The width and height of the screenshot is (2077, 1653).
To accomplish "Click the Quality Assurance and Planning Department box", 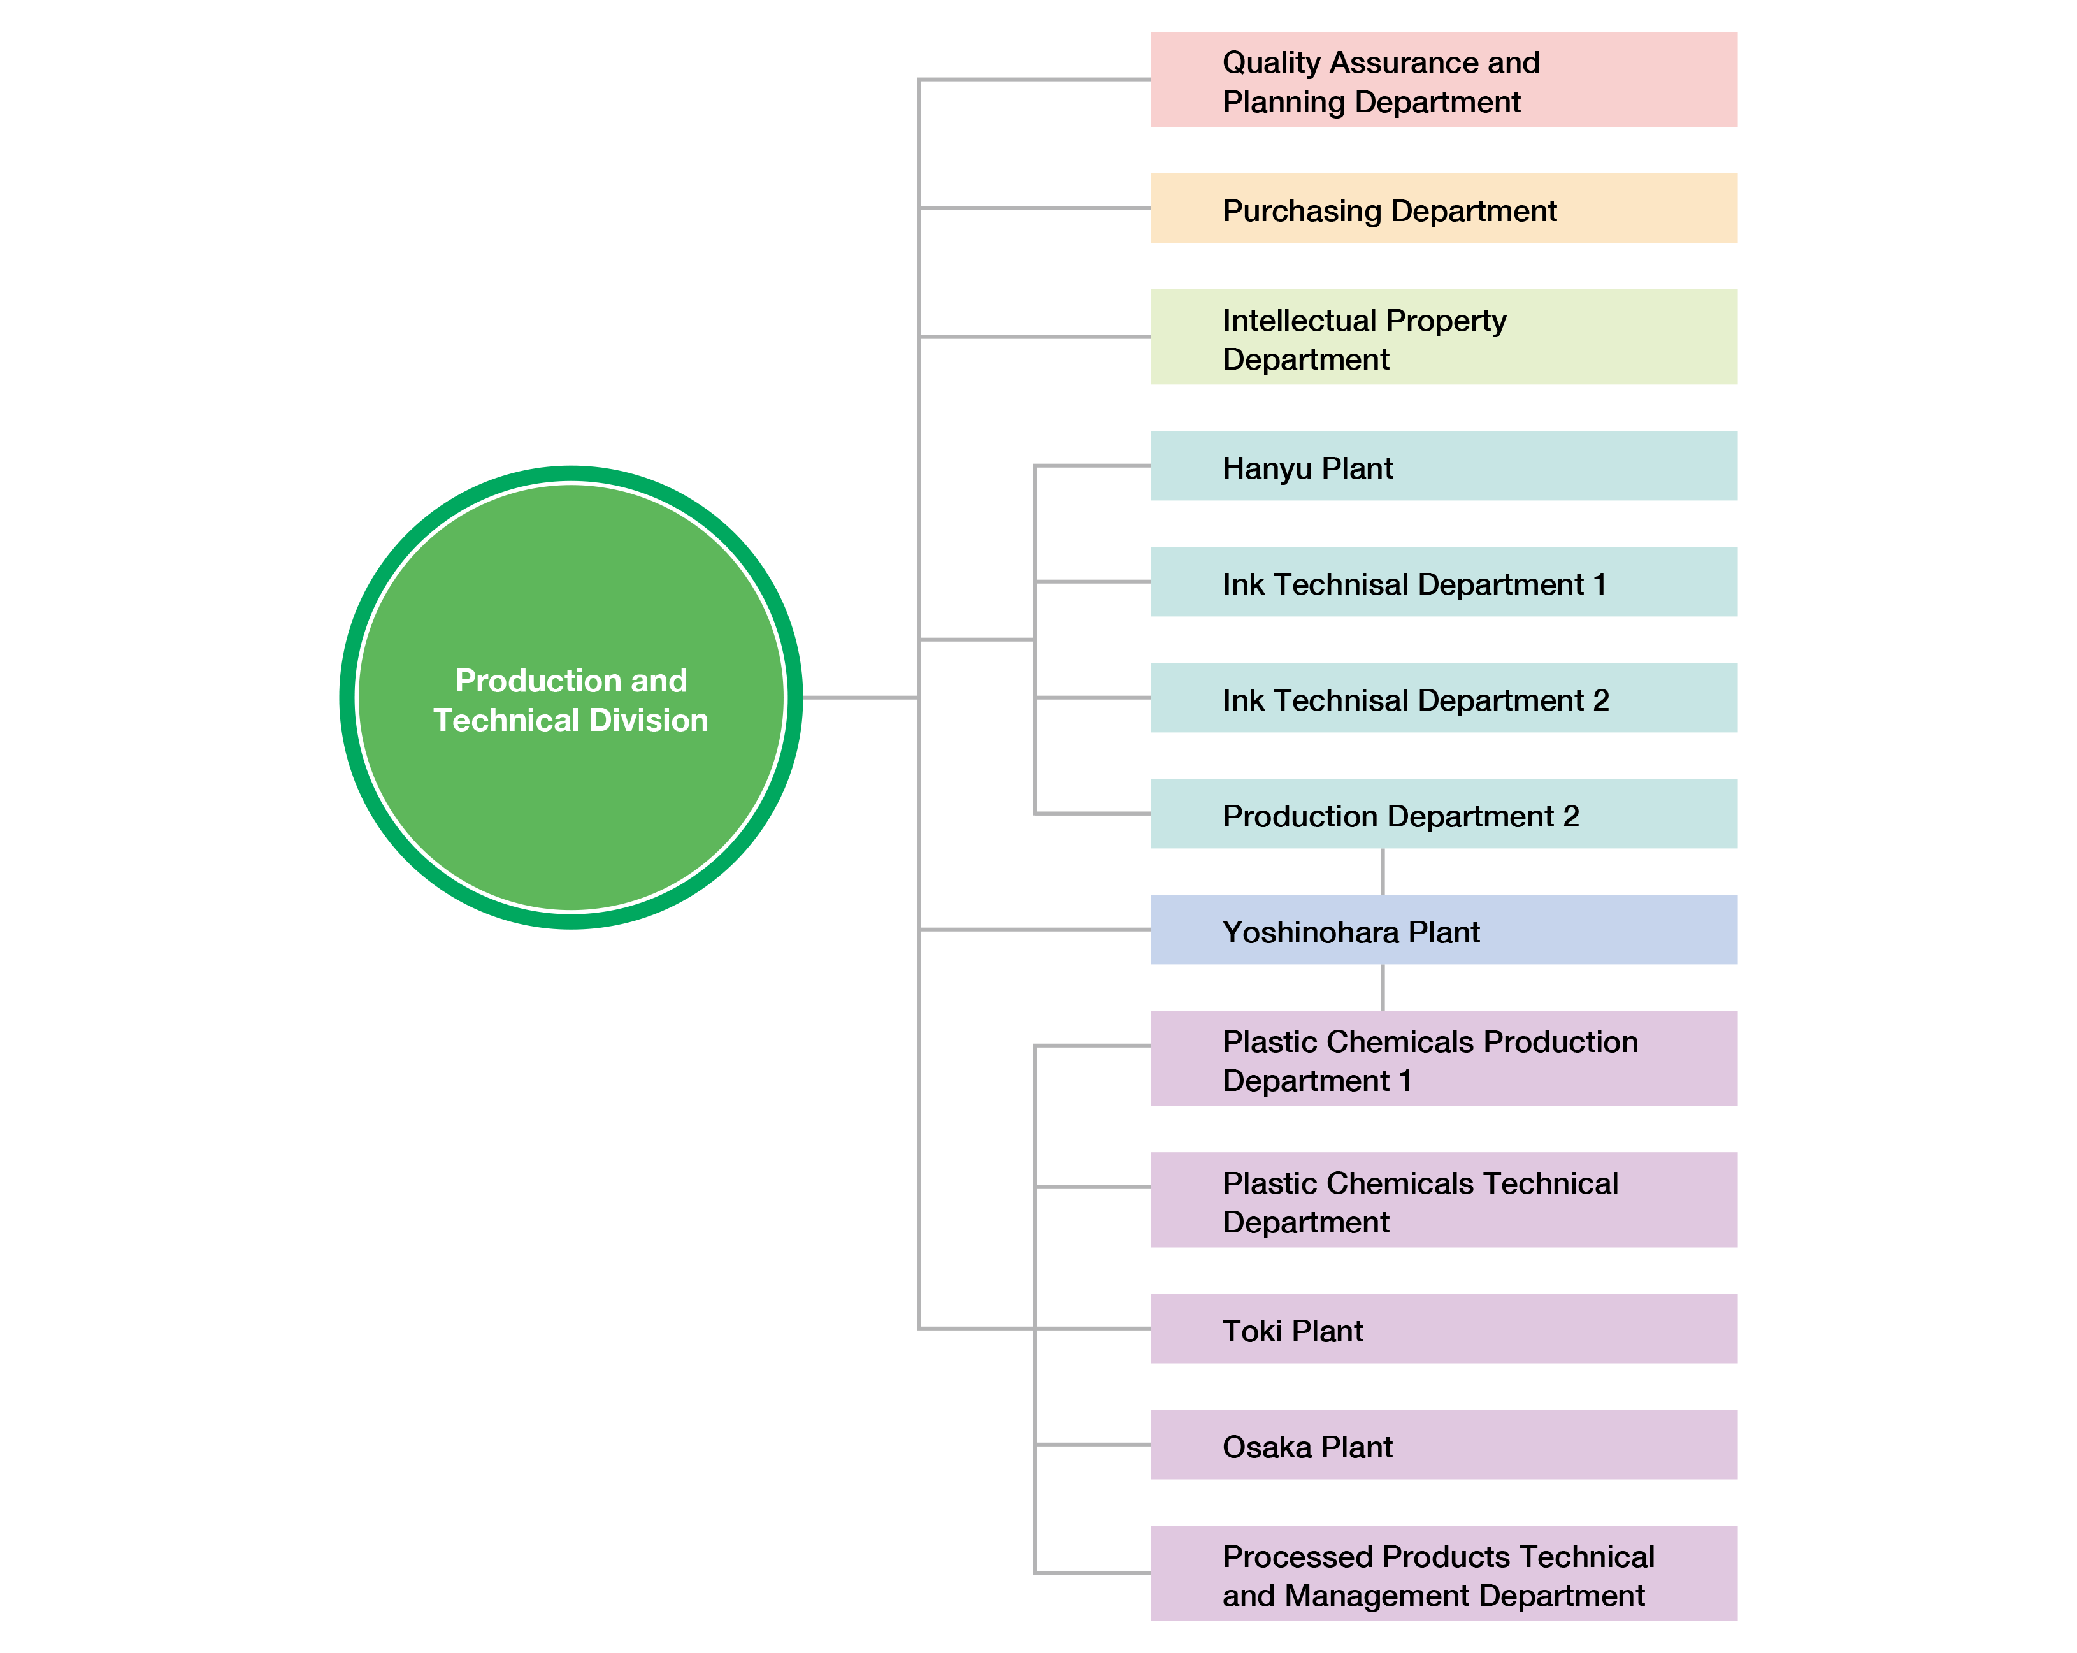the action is [1443, 80].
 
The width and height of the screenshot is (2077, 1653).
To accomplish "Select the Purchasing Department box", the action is [1443, 208].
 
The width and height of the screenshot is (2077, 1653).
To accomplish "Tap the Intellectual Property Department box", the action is [1443, 337].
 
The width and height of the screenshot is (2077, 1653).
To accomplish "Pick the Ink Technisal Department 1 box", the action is [1443, 582].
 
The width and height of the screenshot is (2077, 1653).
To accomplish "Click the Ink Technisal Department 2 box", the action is [1443, 697].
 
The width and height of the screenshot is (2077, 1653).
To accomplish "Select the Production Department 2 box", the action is [1443, 814].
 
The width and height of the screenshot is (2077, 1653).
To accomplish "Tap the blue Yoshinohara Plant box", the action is [1443, 930].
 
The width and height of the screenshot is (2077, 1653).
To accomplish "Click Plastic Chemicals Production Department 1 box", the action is [1443, 1058].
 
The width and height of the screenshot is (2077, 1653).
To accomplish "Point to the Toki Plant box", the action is [1443, 1329].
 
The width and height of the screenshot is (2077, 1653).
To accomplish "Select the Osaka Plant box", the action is [1443, 1445].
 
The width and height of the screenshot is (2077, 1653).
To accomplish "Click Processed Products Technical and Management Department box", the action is [1443, 1573].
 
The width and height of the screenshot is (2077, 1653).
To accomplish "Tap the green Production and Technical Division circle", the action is [571, 697].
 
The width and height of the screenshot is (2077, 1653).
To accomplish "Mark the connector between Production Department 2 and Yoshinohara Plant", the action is [1383, 872].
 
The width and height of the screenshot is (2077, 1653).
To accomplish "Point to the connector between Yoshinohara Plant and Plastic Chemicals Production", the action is [1383, 987].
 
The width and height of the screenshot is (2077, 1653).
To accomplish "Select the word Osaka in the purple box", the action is [1267, 1447].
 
